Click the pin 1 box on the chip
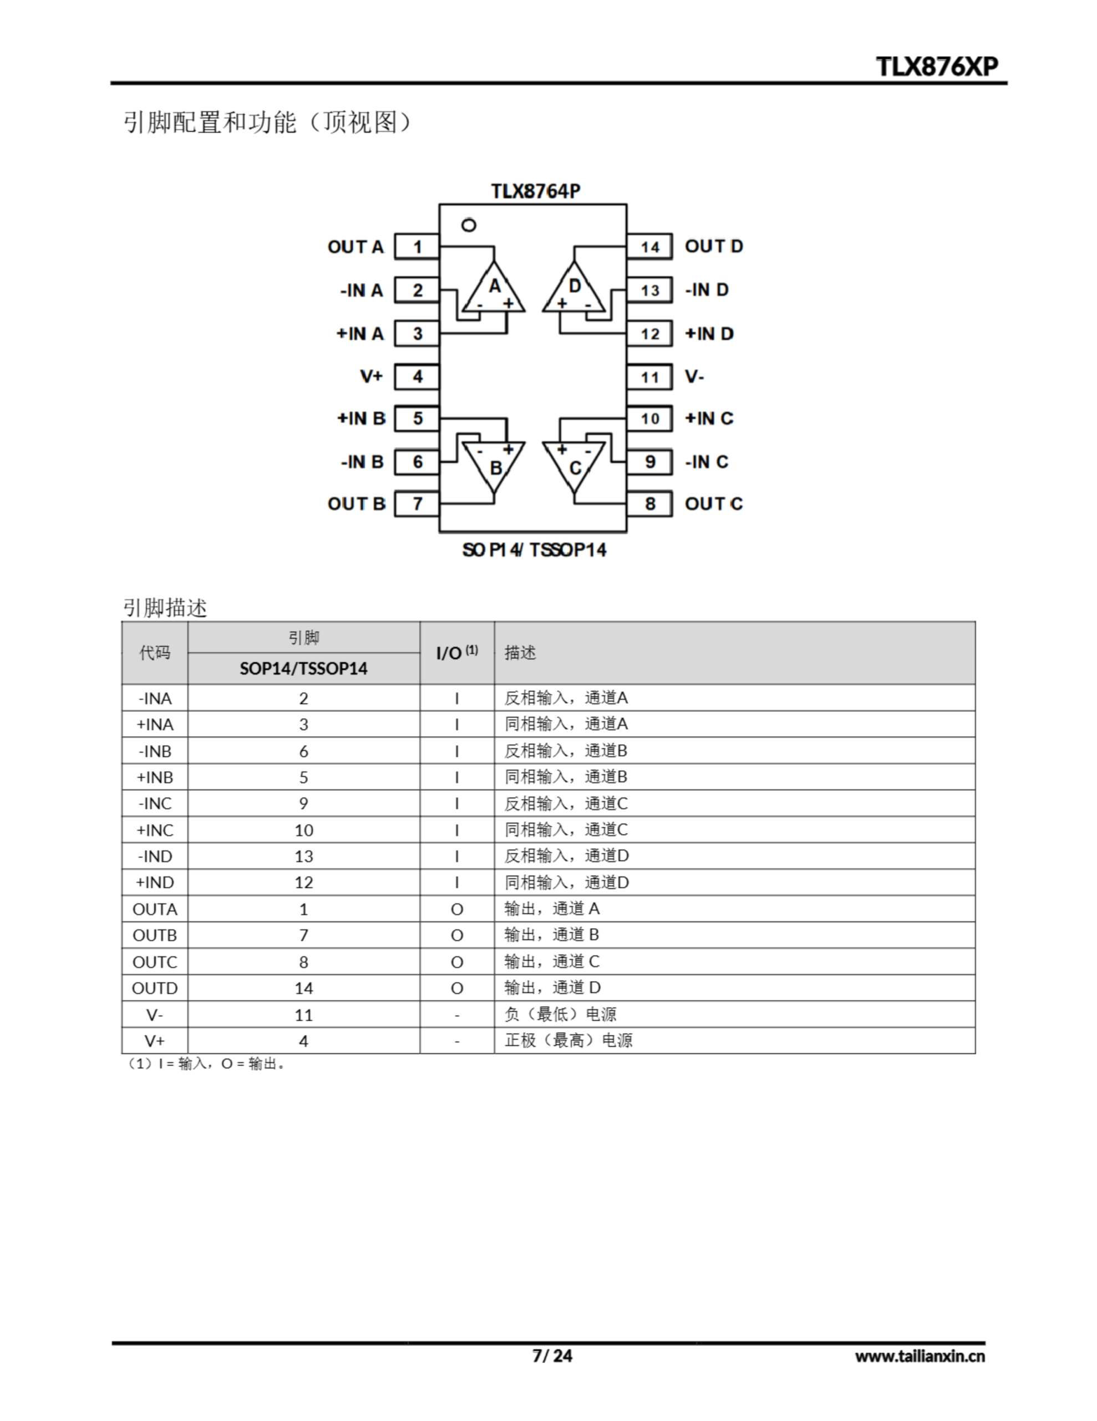[x=417, y=247]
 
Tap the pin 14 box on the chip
[x=649, y=247]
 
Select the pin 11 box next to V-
[x=649, y=377]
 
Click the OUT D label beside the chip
[x=713, y=246]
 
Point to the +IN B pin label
[x=361, y=419]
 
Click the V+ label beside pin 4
[x=371, y=377]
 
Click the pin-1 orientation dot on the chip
[x=468, y=225]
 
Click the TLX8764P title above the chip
[x=535, y=192]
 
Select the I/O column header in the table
[x=456, y=653]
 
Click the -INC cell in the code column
[x=155, y=804]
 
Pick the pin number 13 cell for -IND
[x=304, y=856]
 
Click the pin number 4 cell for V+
[x=304, y=1041]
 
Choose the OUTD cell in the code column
[x=155, y=989]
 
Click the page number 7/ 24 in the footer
[x=552, y=1356]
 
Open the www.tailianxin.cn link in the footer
[x=920, y=1357]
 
